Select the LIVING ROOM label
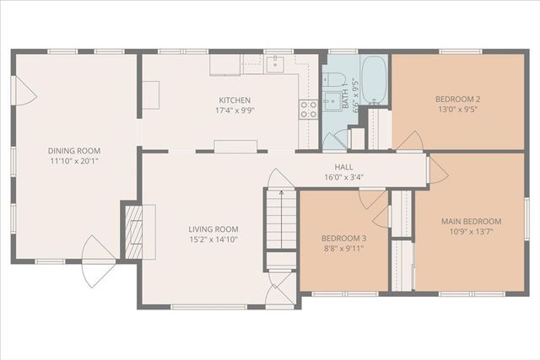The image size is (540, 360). [x=213, y=228]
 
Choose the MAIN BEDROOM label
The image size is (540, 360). [x=471, y=222]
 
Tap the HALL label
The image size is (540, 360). [x=343, y=167]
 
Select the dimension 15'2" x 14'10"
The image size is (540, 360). [x=213, y=239]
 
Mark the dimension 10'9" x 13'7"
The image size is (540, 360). [x=471, y=233]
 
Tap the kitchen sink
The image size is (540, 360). [x=275, y=63]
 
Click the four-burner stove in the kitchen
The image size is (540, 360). [x=309, y=108]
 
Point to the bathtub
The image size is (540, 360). [x=375, y=79]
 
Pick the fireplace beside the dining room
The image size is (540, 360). [x=132, y=229]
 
